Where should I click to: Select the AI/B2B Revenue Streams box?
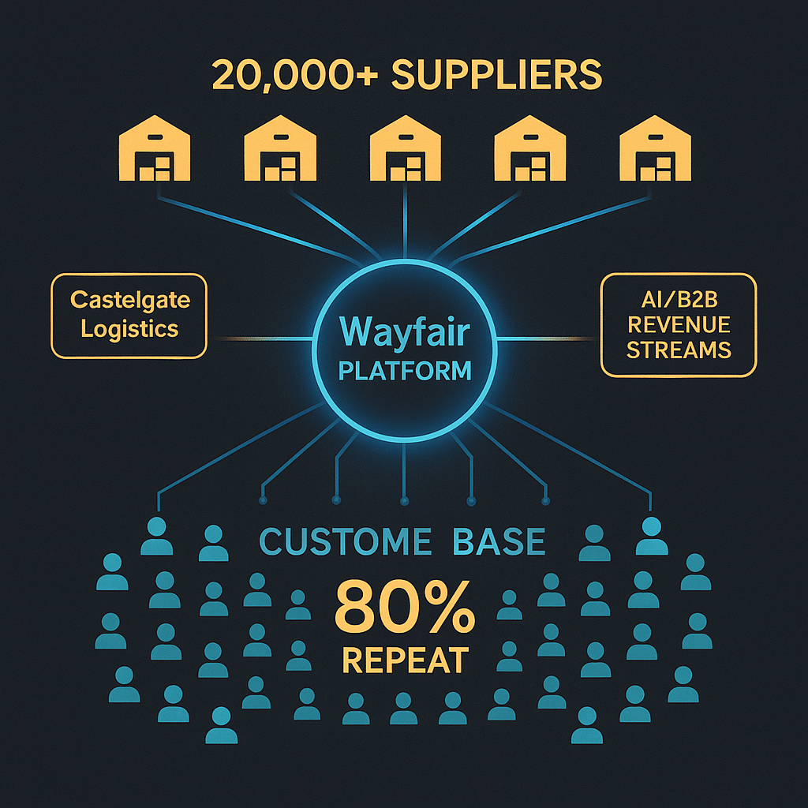pos(678,326)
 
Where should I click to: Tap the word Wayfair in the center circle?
pos(404,332)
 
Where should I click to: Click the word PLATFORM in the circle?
pos(404,370)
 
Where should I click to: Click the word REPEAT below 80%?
pos(405,660)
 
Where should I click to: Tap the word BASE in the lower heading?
pos(499,541)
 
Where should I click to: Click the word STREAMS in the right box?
pos(678,350)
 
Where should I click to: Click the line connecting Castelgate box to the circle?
pos(260,339)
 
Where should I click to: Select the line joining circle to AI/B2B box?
pos(548,339)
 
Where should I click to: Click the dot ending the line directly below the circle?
pos(405,500)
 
